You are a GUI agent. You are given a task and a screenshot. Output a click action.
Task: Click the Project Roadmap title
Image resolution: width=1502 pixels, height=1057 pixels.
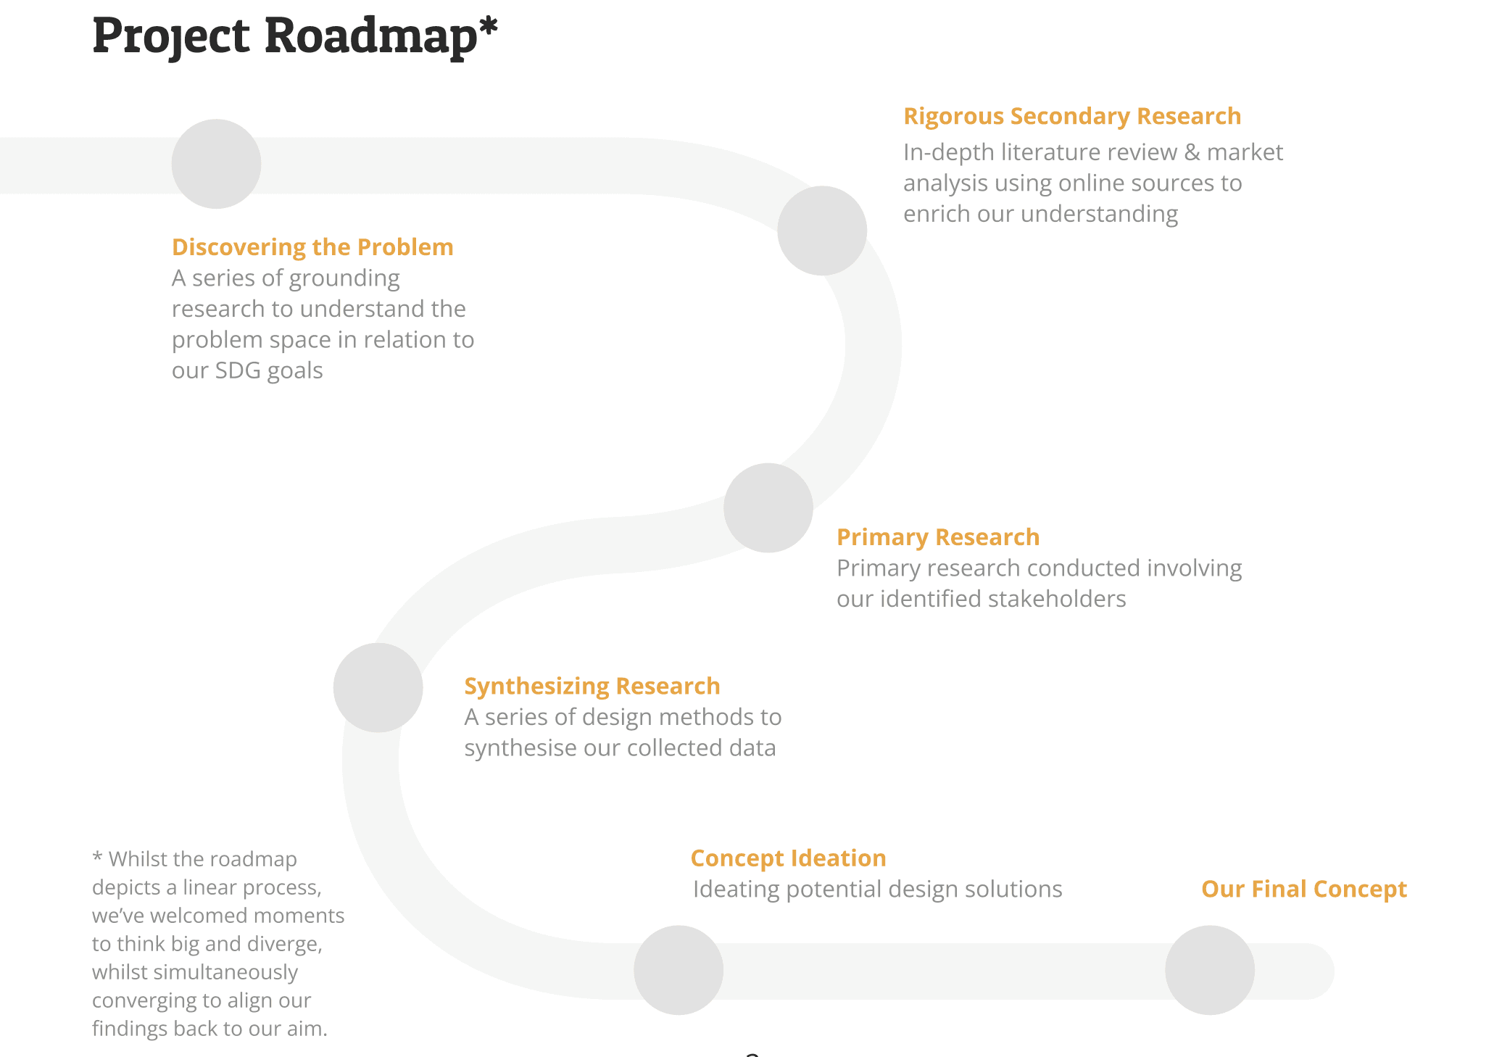pos(294,36)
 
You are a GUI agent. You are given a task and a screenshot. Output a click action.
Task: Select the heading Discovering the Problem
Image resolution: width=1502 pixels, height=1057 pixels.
pos(312,247)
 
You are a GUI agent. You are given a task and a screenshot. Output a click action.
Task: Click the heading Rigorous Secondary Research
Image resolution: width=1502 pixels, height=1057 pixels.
pos(1071,116)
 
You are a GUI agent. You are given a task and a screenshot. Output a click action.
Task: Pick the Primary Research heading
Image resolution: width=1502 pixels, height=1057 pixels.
pos(937,537)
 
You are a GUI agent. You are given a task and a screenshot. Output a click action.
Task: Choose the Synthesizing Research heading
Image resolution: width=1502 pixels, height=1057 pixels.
pos(592,686)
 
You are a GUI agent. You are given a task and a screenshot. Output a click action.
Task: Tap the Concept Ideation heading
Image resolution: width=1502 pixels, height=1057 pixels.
pos(788,858)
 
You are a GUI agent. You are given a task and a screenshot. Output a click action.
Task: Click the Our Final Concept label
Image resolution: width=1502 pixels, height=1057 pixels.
pos(1303,889)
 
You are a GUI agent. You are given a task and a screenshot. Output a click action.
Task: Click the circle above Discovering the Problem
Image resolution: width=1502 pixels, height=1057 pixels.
pos(216,164)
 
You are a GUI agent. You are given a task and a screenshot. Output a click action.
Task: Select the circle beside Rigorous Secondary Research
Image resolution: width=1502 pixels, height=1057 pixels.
pos(822,231)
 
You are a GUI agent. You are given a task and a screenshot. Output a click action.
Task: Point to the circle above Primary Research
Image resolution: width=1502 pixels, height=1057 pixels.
pos(768,507)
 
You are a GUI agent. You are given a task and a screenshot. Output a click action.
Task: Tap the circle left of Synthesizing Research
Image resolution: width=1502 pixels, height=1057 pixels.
pos(378,687)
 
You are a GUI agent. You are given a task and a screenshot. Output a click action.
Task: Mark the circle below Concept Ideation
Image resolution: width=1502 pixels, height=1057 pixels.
pos(679,970)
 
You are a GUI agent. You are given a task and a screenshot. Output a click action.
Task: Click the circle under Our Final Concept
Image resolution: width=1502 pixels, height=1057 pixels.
pos(1209,970)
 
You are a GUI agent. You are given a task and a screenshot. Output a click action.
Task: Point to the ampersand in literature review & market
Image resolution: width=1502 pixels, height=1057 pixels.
pos(1192,152)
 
